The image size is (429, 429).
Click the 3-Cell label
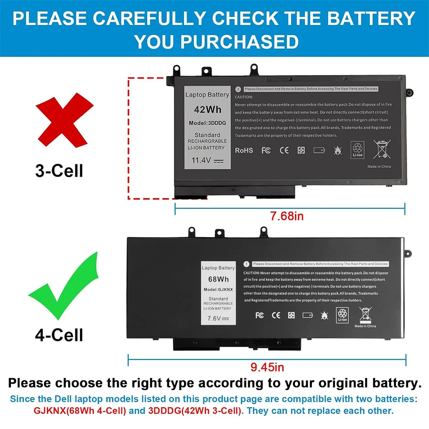(59, 171)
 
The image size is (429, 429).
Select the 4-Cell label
(59, 335)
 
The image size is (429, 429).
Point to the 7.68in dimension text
(287, 216)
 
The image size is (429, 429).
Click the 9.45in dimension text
(267, 367)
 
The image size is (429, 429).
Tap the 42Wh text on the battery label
(207, 109)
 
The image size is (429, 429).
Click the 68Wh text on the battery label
(218, 279)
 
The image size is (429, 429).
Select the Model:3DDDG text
(207, 123)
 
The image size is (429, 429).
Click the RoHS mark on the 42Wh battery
(244, 151)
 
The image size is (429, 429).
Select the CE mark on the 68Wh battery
(276, 315)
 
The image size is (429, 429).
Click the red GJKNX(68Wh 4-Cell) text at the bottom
(80, 411)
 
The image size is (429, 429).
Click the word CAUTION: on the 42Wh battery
(245, 97)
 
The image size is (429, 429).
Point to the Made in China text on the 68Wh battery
(365, 326)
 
